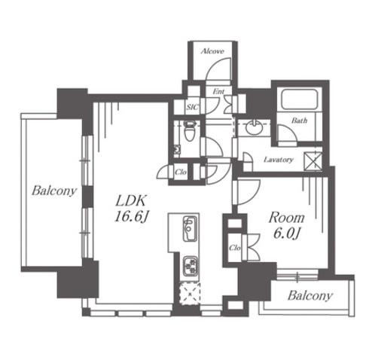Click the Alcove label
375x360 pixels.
pyautogui.click(x=212, y=51)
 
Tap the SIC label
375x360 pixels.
pyautogui.click(x=193, y=107)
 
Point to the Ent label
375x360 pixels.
pyautogui.click(x=218, y=92)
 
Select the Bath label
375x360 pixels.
pyautogui.click(x=299, y=121)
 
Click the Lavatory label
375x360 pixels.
pyautogui.click(x=279, y=160)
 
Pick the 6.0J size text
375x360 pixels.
pyautogui.click(x=287, y=234)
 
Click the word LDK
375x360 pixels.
pyautogui.click(x=130, y=200)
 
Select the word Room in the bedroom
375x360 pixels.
pyautogui.click(x=286, y=218)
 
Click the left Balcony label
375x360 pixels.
pyautogui.click(x=53, y=191)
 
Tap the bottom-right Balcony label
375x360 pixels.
pyautogui.click(x=310, y=295)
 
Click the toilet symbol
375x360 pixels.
pyautogui.click(x=188, y=130)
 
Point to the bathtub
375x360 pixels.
pyautogui.click(x=300, y=99)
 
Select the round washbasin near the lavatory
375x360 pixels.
pyautogui.click(x=254, y=127)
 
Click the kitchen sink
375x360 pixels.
pyautogui.click(x=190, y=228)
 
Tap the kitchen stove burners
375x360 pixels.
pyautogui.click(x=190, y=266)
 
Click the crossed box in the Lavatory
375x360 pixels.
pyautogui.click(x=312, y=162)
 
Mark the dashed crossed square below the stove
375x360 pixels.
pyautogui.click(x=191, y=294)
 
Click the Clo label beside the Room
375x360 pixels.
pyautogui.click(x=235, y=248)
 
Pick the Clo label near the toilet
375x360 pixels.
pyautogui.click(x=181, y=172)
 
